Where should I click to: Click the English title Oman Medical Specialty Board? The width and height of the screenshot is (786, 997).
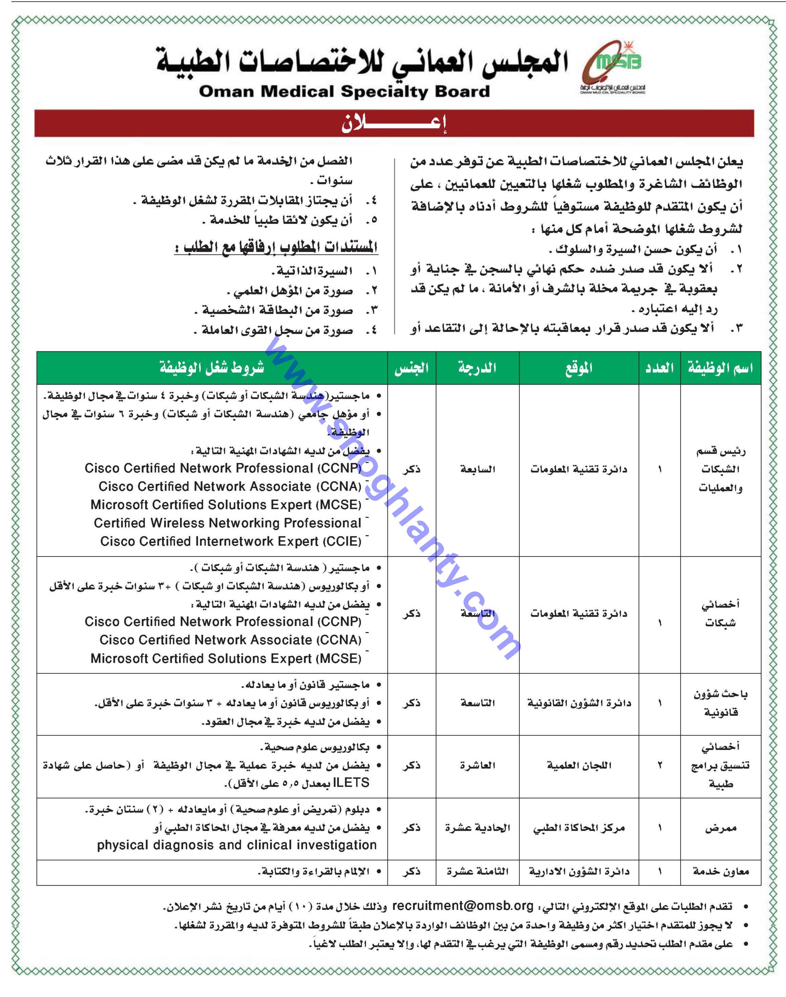point(344,91)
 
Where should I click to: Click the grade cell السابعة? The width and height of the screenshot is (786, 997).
point(477,470)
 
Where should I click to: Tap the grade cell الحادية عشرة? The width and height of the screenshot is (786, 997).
point(477,828)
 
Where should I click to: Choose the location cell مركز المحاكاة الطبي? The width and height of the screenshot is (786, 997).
point(579,828)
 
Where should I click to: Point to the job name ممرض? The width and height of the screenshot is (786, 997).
point(720,828)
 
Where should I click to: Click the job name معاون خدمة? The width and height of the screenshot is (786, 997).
point(720,871)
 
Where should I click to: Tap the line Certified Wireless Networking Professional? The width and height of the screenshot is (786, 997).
point(227,523)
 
